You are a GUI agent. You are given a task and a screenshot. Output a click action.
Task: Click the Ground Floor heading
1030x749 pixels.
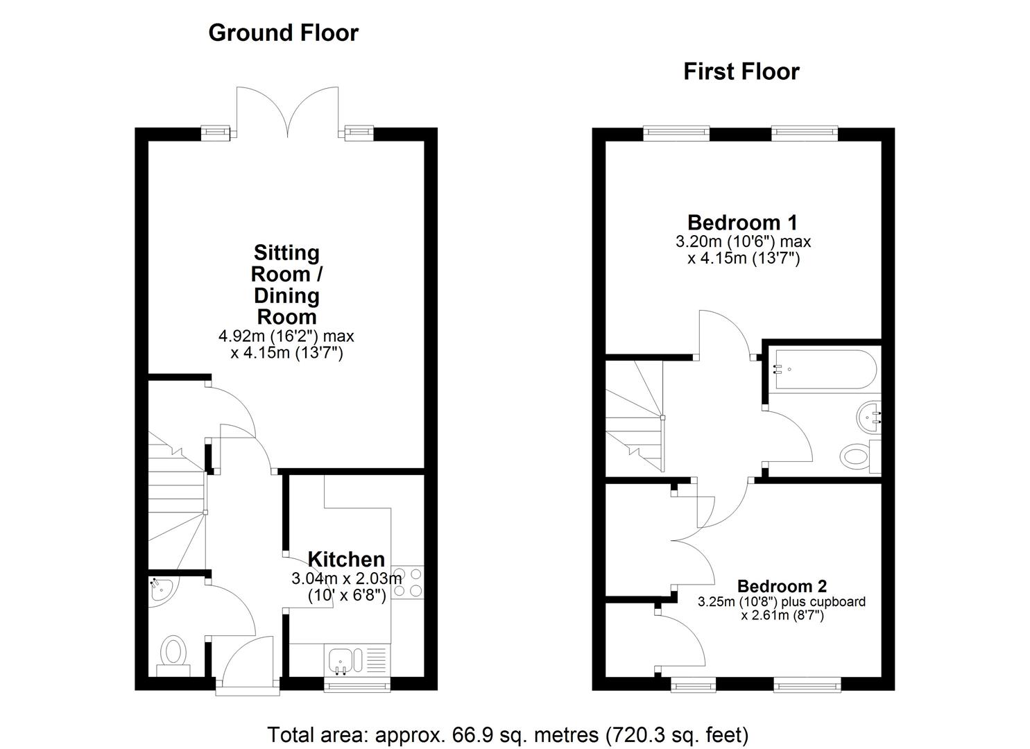283,33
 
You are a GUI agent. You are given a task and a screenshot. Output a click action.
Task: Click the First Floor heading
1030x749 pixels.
741,71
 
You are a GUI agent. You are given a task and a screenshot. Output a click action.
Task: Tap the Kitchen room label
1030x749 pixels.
345,559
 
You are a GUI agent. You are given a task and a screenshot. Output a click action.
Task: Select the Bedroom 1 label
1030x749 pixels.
742,223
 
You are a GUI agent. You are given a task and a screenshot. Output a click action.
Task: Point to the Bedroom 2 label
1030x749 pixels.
782,587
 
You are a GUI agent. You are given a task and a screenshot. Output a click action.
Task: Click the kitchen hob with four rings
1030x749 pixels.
407,583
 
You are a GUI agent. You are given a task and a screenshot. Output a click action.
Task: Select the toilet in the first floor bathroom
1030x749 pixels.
859,456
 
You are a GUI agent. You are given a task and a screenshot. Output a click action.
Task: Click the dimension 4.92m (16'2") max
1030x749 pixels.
286,336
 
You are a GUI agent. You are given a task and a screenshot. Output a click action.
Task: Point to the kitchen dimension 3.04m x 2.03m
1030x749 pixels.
346,578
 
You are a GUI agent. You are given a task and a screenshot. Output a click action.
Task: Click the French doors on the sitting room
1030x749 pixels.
287,111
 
